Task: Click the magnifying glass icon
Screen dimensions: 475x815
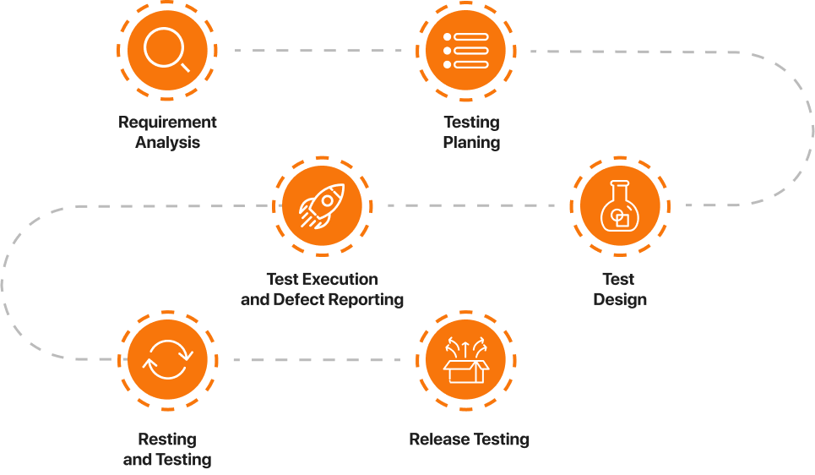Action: (166, 50)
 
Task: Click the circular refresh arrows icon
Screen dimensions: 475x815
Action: (166, 361)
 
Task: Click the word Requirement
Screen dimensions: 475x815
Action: (167, 123)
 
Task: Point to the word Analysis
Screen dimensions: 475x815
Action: (167, 143)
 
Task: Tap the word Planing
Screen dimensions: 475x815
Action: (471, 143)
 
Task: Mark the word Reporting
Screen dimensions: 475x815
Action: (366, 300)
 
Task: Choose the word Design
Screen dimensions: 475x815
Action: (620, 300)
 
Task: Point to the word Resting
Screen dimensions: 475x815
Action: (167, 440)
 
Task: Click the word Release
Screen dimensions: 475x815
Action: (436, 440)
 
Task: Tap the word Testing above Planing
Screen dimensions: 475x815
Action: (471, 123)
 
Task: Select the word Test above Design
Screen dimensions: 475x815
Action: (618, 279)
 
